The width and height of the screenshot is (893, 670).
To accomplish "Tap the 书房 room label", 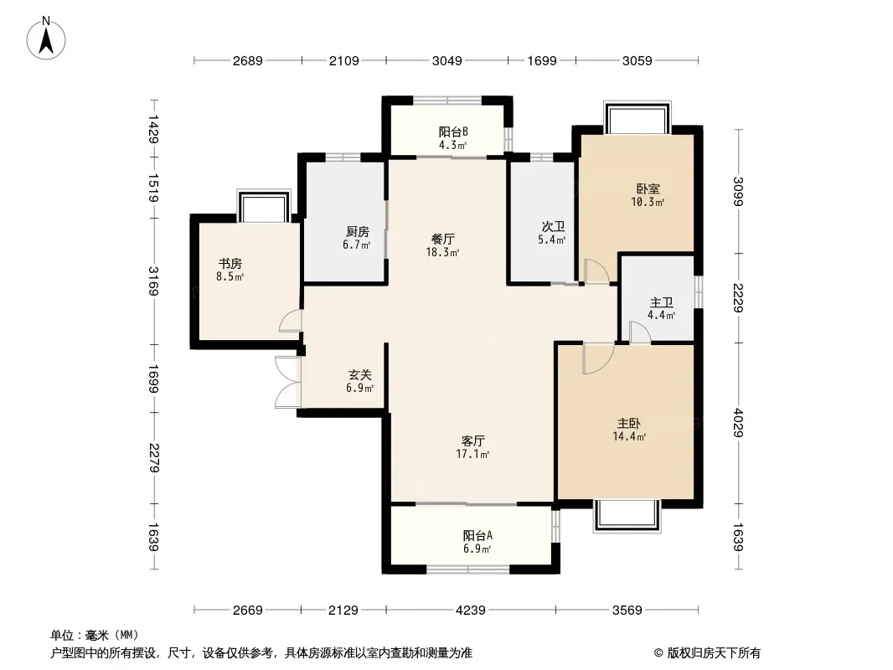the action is pos(230,264).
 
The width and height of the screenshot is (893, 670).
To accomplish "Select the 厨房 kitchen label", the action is pos(357,232).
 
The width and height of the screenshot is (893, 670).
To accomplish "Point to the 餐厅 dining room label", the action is pos(442,239).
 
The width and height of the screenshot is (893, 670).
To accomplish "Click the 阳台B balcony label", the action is pos(453,131).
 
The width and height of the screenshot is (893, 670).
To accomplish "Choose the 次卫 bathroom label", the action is pos(553,227).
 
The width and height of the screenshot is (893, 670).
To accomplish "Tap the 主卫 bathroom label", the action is pos(661,302).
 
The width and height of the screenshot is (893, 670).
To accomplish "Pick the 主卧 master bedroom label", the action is pos(629,424).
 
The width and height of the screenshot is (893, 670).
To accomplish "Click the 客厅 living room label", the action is pos(472,441).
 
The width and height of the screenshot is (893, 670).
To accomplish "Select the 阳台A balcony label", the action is pos(477,536).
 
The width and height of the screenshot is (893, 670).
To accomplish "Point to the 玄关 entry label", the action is pos(360,375).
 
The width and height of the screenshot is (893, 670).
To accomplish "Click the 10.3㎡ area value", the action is pos(648,202).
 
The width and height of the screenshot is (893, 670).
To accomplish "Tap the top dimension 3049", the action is pos(447,60).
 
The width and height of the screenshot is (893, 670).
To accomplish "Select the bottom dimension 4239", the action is pos(471,611).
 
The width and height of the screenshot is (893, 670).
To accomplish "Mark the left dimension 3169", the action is pos(153,281).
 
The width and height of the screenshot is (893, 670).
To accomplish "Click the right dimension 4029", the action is pos(738,423).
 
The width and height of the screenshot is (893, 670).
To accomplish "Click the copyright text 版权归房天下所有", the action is pos(714,653).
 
